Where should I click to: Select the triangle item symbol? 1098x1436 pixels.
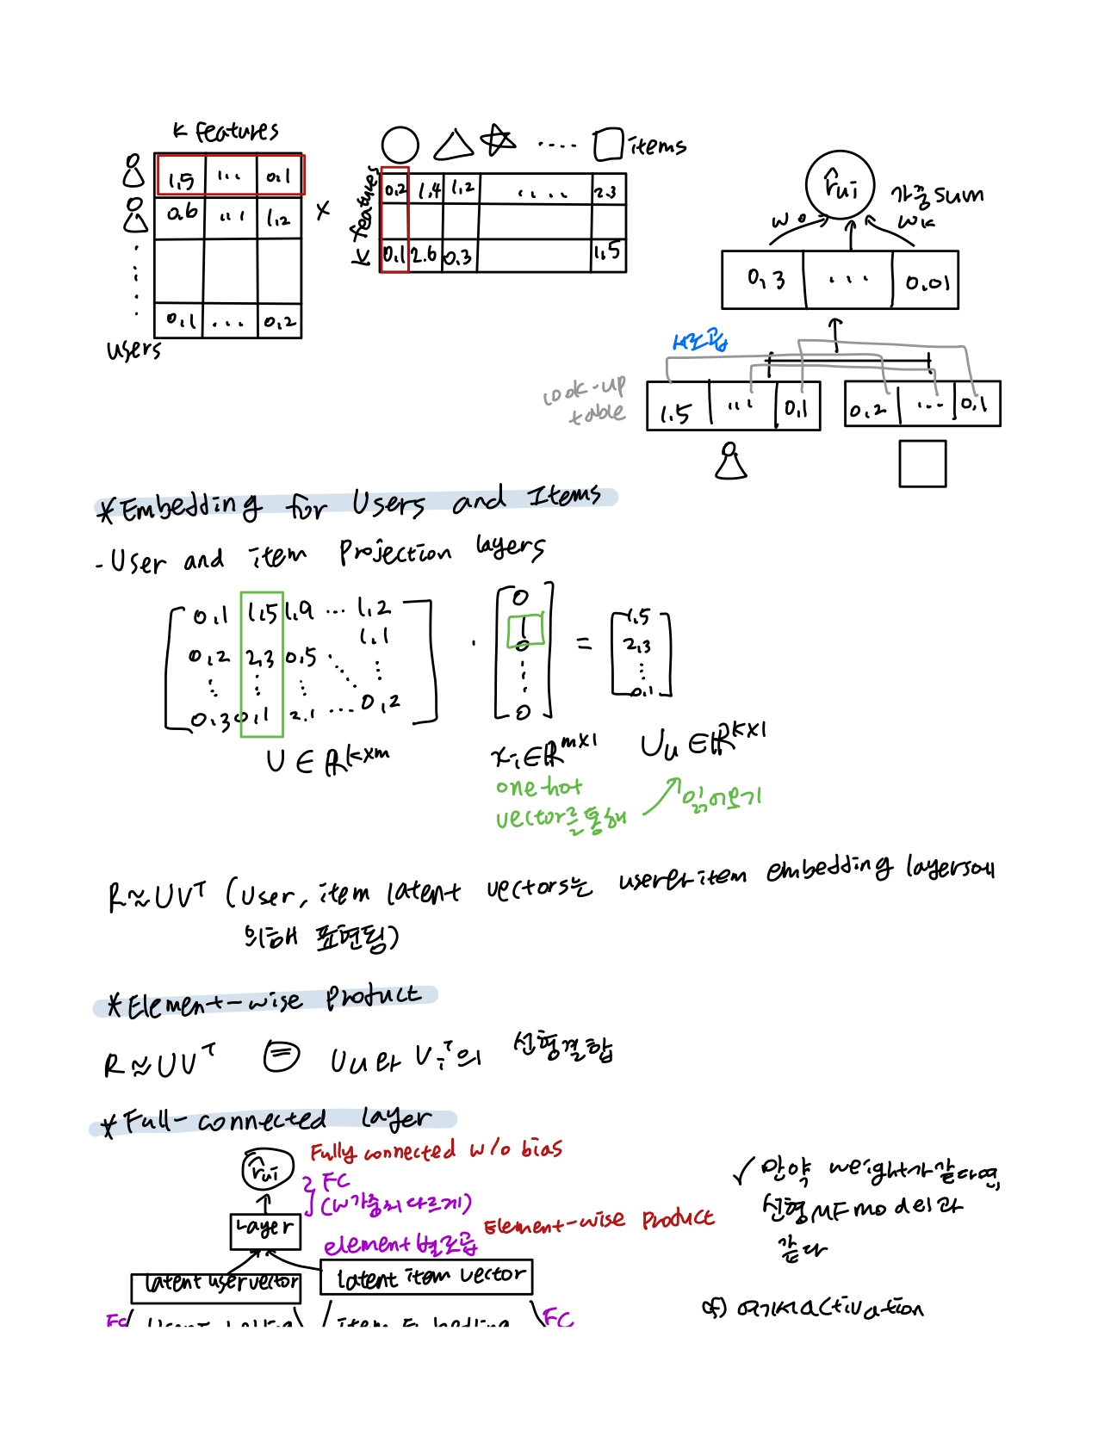(x=453, y=145)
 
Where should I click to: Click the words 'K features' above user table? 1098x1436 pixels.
(x=226, y=131)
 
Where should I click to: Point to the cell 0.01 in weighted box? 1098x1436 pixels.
(x=927, y=282)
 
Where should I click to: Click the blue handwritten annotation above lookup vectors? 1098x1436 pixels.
(x=700, y=342)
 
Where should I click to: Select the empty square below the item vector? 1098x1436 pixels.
(x=922, y=463)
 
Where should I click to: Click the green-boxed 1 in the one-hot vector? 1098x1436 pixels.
(x=524, y=629)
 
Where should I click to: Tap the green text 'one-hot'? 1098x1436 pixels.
(x=538, y=787)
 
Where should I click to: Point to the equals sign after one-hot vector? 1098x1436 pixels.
(x=585, y=643)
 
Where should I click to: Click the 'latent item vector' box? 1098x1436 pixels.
(x=426, y=1277)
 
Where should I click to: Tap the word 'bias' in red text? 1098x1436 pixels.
(x=541, y=1149)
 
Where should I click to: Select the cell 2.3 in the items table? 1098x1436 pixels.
(x=605, y=191)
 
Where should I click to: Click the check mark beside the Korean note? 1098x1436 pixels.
(x=743, y=1170)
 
